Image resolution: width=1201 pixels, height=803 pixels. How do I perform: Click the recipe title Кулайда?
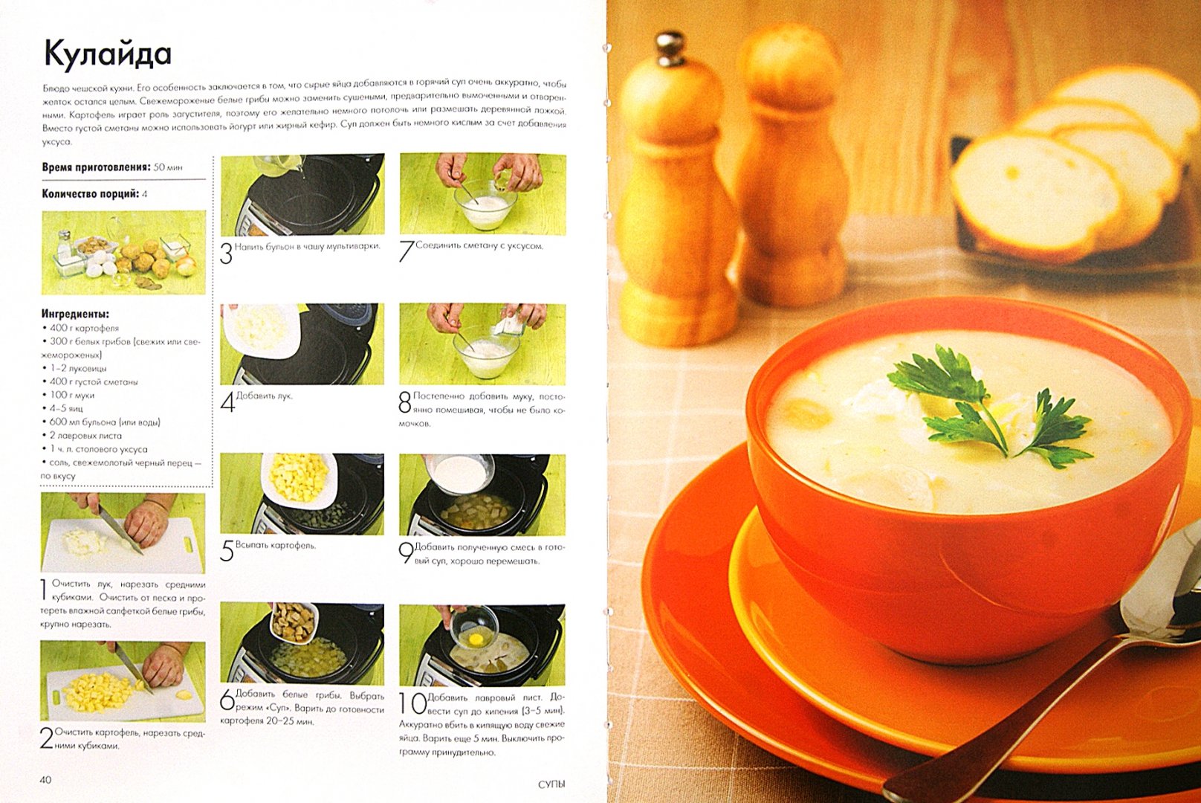coord(108,56)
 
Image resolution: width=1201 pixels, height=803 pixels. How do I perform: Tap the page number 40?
coord(46,779)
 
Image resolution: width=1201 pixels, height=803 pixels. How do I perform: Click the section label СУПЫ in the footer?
coord(551,784)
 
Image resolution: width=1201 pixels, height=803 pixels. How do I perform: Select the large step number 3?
coord(226,254)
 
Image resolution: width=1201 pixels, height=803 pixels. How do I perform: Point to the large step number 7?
coord(407,251)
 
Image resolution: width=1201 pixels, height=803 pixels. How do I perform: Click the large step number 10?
coord(412,704)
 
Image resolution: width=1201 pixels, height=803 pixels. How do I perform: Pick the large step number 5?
coord(227,551)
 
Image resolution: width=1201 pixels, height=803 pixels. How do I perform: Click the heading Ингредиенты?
coord(75,314)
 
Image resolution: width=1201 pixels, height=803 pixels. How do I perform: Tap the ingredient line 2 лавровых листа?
coord(82,436)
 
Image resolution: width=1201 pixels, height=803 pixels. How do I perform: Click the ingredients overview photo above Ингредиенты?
coord(123,252)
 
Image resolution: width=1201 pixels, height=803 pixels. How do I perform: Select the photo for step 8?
coord(482,344)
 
